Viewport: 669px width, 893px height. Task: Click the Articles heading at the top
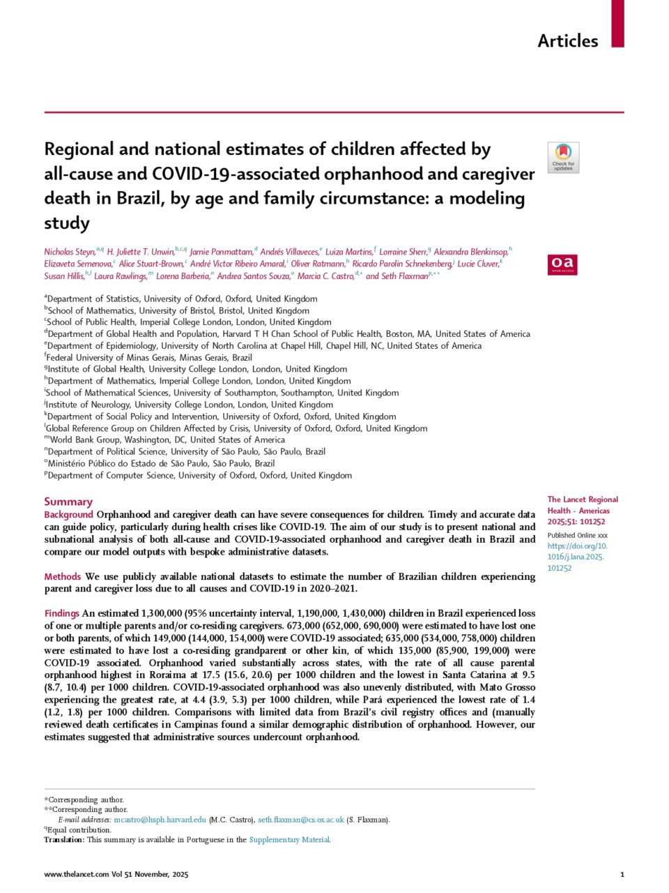[x=567, y=41]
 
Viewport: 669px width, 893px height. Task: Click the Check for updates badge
[x=563, y=158]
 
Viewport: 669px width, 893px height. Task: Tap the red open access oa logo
[x=562, y=264]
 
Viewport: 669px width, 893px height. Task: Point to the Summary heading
[x=68, y=502]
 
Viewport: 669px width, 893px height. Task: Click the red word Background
[x=68, y=515]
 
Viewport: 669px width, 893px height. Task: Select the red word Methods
[x=63, y=577]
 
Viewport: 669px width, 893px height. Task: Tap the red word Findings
[x=62, y=614]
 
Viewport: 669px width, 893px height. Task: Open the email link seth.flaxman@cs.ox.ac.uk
[x=301, y=820]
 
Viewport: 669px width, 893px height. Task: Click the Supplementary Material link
[x=289, y=840]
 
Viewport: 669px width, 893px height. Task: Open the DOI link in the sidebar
[x=577, y=557]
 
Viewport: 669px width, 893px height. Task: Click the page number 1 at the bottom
[x=622, y=874]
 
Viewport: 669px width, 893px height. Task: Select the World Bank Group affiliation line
[x=167, y=440]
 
